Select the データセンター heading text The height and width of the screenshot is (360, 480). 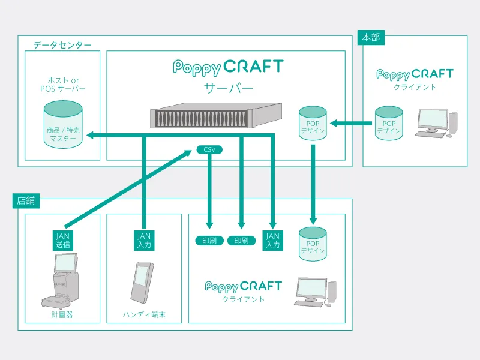pyautogui.click(x=62, y=45)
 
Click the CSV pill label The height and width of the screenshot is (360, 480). pyautogui.click(x=209, y=149)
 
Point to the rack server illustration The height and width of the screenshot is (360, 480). pyautogui.click(x=215, y=115)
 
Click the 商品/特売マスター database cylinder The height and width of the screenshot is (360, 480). pyautogui.click(x=62, y=125)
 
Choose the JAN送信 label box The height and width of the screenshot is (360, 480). pyautogui.click(x=63, y=241)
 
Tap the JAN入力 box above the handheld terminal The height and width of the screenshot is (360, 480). pyautogui.click(x=144, y=241)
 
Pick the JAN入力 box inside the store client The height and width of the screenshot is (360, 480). pyautogui.click(x=273, y=241)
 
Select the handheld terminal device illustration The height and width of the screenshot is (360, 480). pyautogui.click(x=142, y=282)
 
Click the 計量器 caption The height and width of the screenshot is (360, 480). pyautogui.click(x=62, y=314)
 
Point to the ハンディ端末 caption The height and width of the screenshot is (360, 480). pyautogui.click(x=144, y=314)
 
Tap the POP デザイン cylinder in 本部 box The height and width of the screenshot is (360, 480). pyautogui.click(x=389, y=124)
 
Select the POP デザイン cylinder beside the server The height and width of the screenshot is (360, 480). pyautogui.click(x=313, y=124)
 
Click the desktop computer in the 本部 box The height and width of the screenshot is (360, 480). pyautogui.click(x=436, y=124)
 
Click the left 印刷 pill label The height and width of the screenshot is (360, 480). pyautogui.click(x=209, y=241)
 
